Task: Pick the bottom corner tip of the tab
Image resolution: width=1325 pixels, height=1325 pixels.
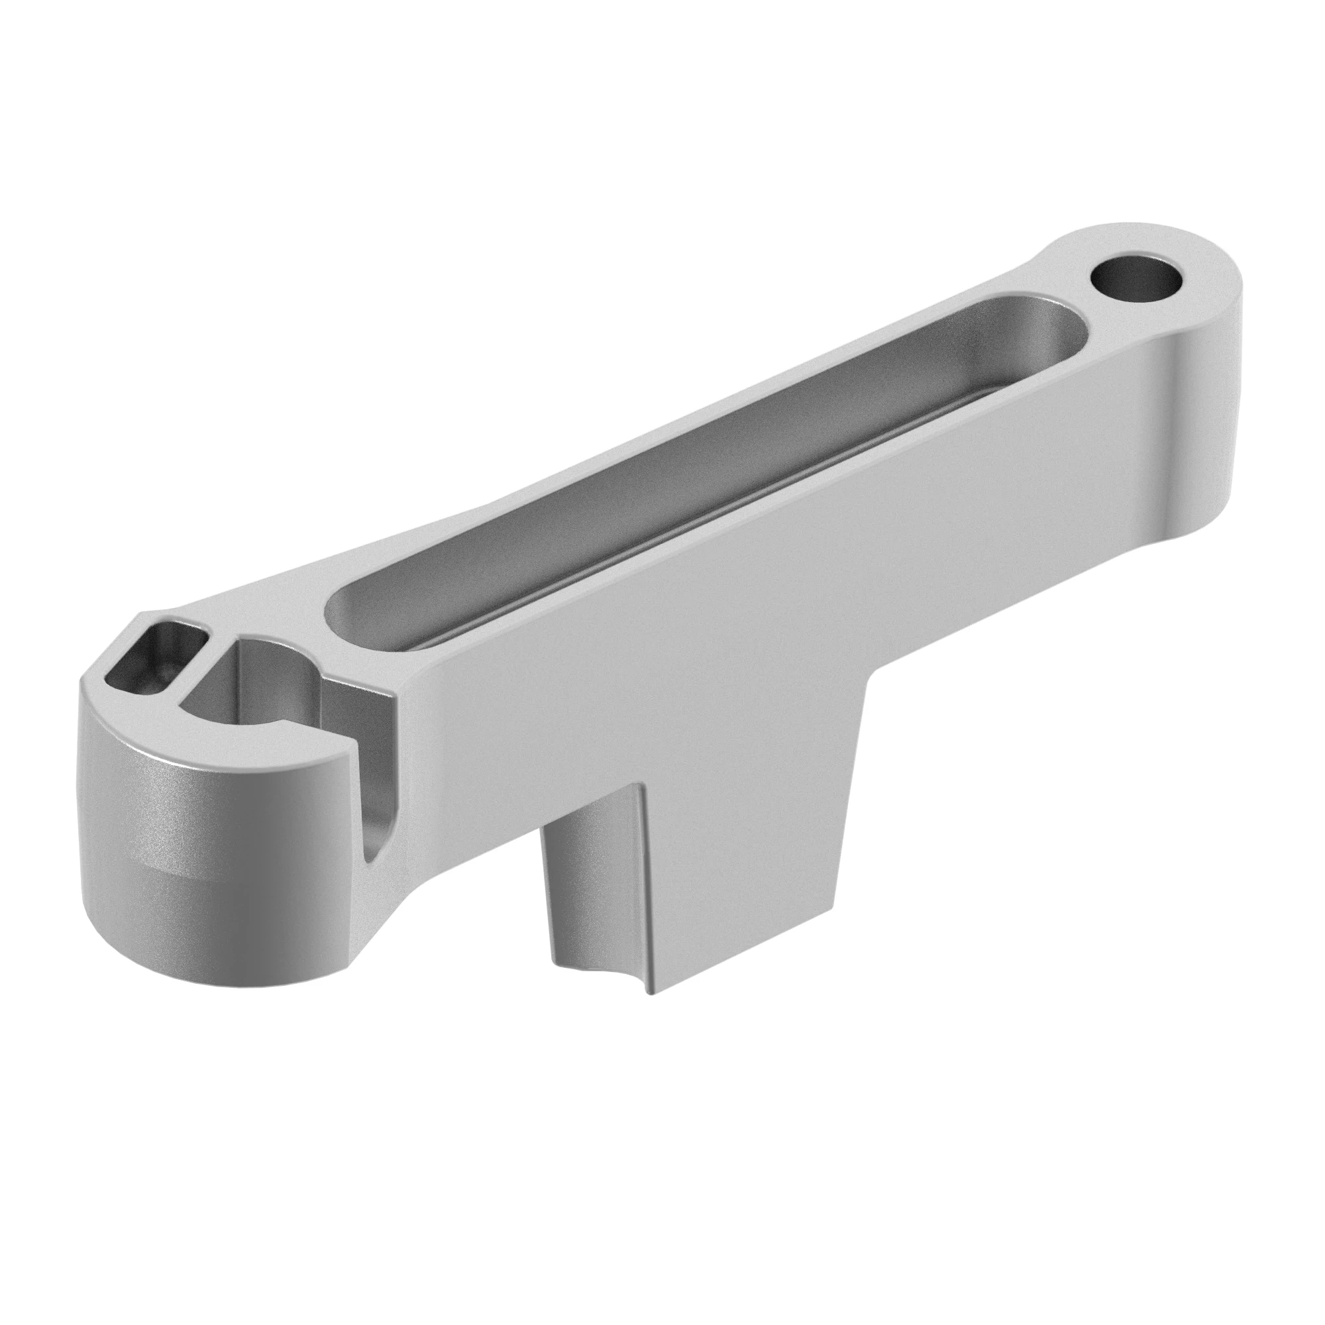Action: click(651, 1011)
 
